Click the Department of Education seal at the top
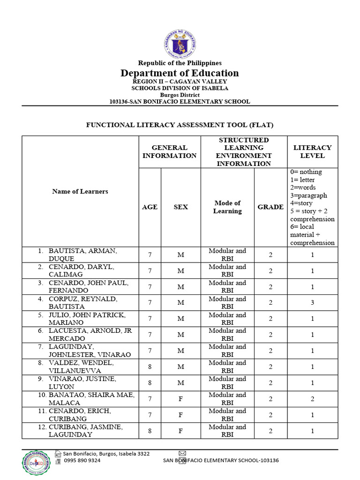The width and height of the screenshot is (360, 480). point(180,44)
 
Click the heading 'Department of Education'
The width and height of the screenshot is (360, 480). point(180,73)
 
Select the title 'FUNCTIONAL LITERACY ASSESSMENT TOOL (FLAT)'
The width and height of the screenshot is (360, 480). point(180,125)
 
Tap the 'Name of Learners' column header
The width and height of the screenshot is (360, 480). point(80,191)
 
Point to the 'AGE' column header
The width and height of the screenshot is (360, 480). point(150,207)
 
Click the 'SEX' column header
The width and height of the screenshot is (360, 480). point(180,207)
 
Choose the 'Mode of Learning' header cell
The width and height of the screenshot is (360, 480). point(227,207)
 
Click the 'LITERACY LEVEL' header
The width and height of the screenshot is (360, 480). point(312,151)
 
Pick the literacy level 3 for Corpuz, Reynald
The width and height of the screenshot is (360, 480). point(312,303)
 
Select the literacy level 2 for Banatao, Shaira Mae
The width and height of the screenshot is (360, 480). point(312,398)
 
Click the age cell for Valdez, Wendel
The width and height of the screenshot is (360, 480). point(150,367)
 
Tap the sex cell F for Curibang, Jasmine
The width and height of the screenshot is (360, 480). point(180,430)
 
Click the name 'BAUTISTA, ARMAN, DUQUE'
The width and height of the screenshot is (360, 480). point(82,255)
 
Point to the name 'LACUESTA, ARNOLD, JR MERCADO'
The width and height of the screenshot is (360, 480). point(90,334)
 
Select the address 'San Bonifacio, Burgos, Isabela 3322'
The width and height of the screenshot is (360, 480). point(106,453)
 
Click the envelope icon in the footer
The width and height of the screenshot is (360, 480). point(182,453)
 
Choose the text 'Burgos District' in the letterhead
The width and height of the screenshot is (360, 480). point(180,95)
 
